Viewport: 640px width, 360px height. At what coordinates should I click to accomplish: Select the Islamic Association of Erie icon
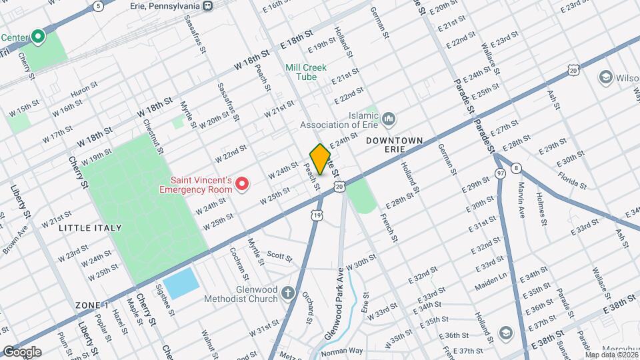[389, 119]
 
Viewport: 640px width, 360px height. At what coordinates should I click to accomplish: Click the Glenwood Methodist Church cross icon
[287, 293]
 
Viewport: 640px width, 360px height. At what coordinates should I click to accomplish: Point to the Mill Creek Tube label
[310, 72]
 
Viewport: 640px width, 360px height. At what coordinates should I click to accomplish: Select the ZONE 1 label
[92, 305]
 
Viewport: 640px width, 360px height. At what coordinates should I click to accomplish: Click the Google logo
[22, 352]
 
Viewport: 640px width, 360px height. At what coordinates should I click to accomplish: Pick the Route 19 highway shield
[317, 215]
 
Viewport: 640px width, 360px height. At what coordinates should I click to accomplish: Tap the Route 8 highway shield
[517, 169]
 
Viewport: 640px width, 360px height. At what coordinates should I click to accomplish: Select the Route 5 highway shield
[98, 6]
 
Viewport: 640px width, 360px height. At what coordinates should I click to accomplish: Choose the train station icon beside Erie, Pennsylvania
[208, 6]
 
